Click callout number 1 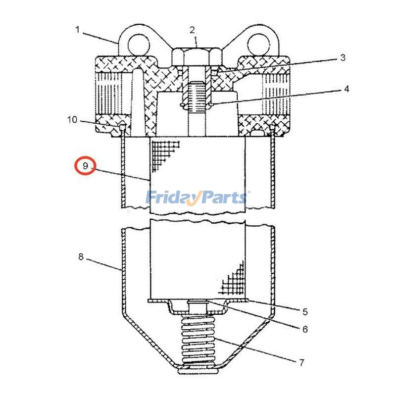click(77, 30)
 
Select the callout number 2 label click(192, 30)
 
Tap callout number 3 click(342, 58)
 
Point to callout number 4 click(346, 89)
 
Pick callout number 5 click(305, 311)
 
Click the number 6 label click(305, 329)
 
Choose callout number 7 click(301, 362)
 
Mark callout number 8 click(81, 257)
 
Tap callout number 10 click(72, 119)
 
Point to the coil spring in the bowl click(198, 342)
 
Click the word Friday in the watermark click(171, 198)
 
